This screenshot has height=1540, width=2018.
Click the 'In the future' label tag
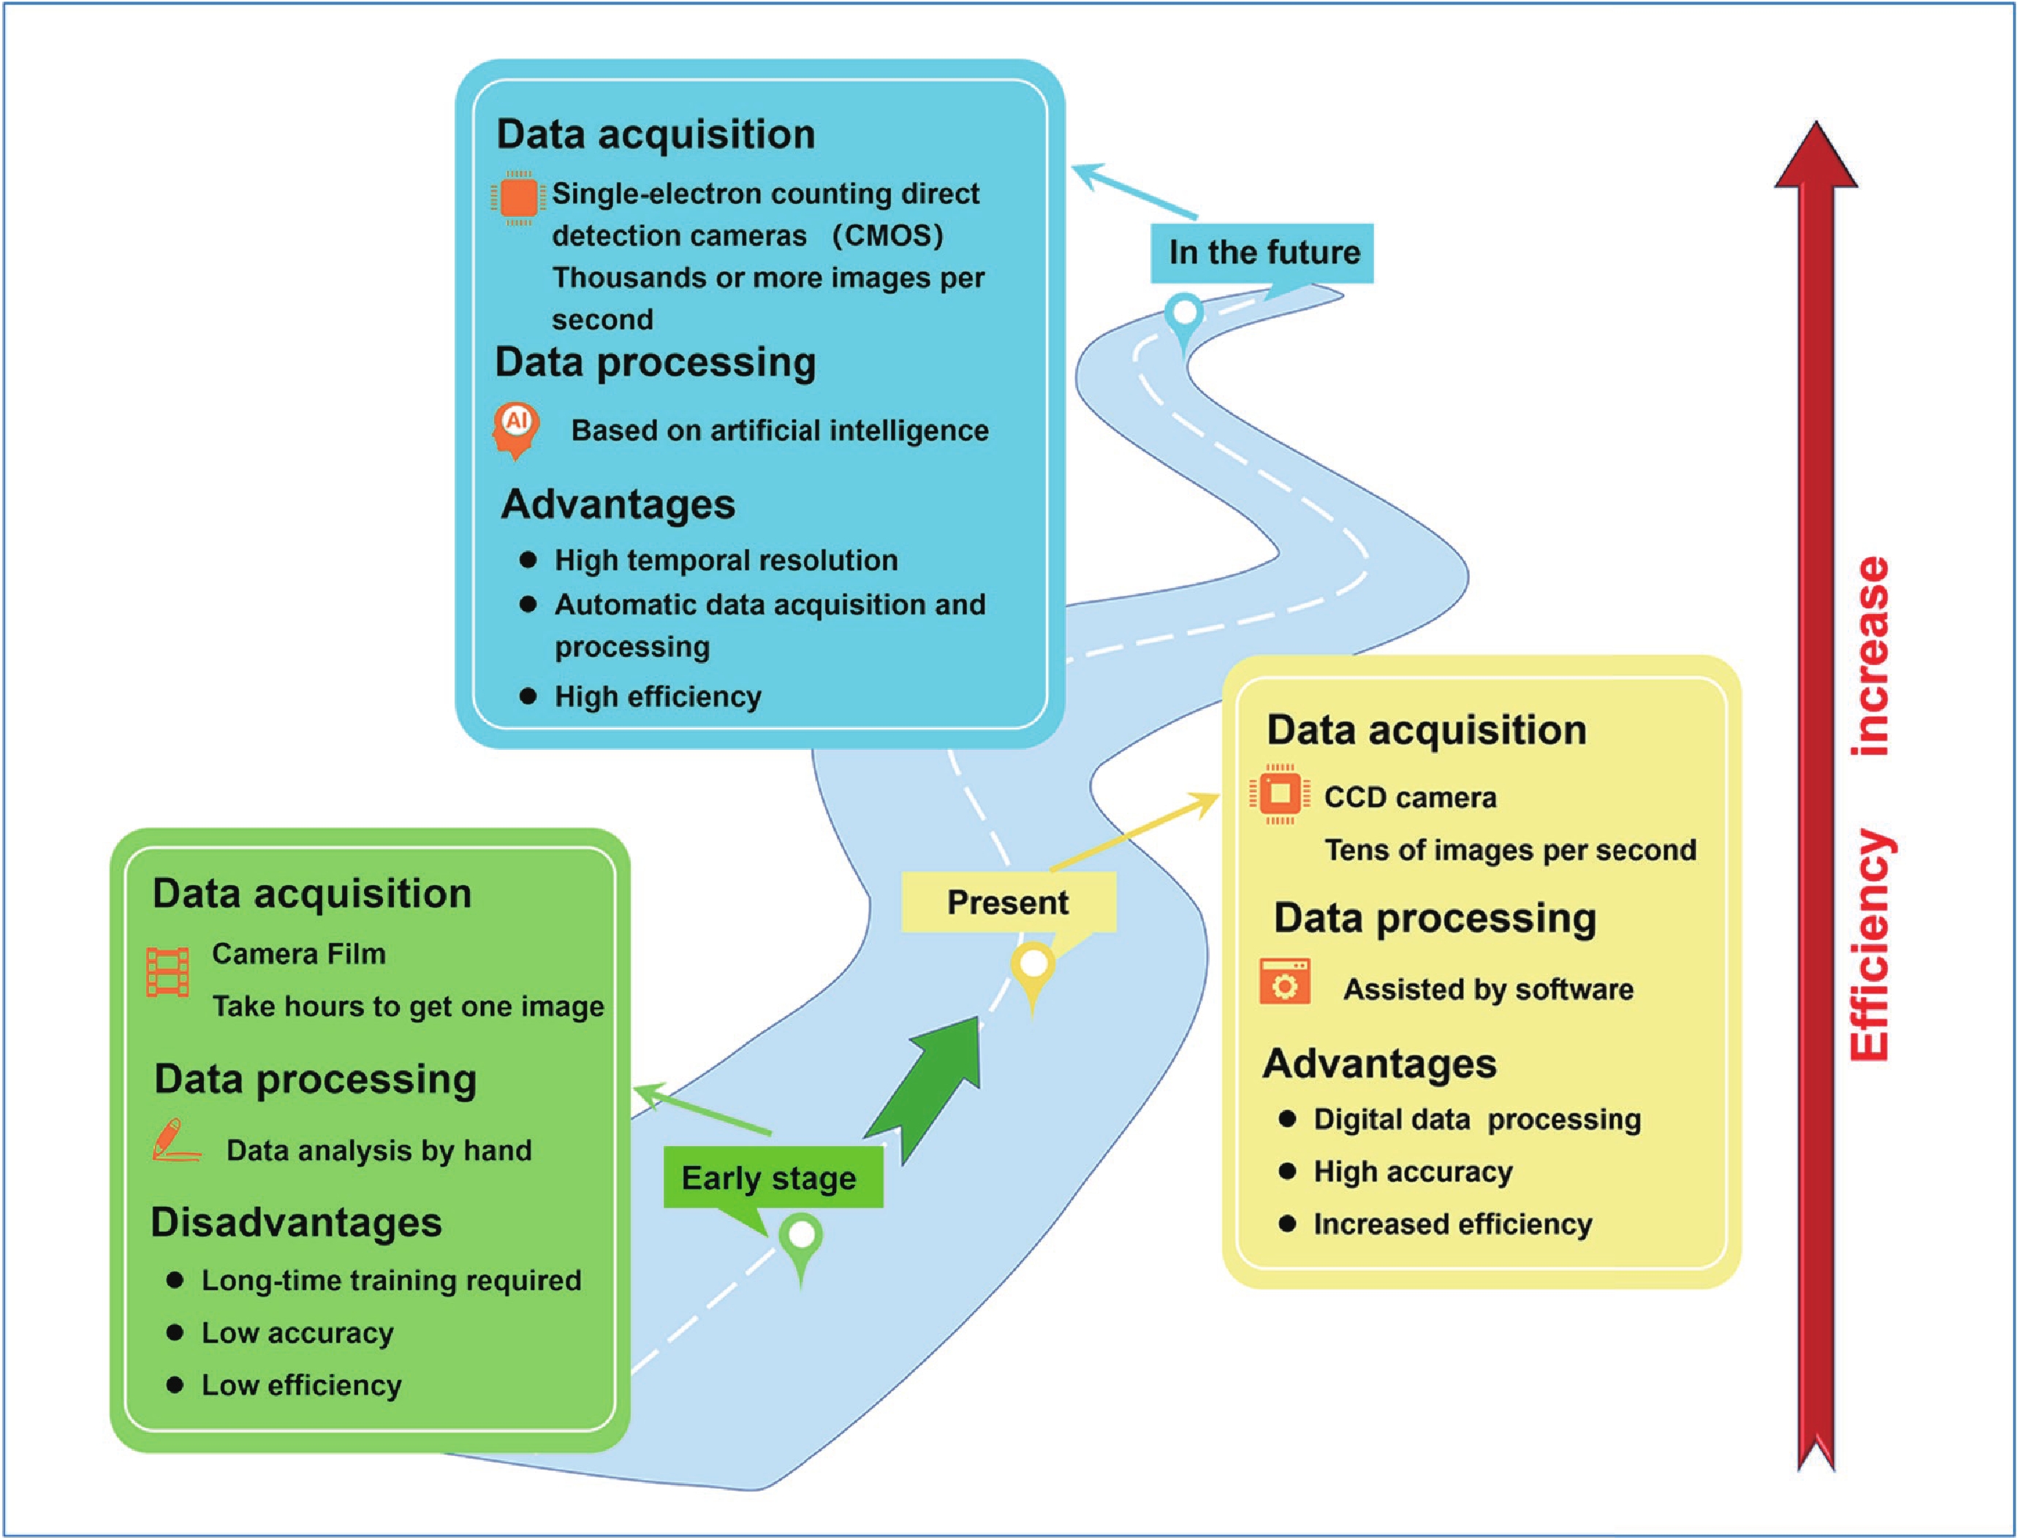[x=1262, y=252]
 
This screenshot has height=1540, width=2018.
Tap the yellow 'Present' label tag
[x=1008, y=902]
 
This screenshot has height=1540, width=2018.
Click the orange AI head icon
[x=516, y=428]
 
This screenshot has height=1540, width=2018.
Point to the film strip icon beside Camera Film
[x=167, y=971]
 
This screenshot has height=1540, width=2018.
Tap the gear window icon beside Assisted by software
[x=1285, y=982]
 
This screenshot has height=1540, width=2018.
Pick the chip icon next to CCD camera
[x=1279, y=793]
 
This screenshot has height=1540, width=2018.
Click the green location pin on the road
[x=802, y=1242]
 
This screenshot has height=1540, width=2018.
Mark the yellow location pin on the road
[x=1033, y=971]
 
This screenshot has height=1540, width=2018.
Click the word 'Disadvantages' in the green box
[x=296, y=1223]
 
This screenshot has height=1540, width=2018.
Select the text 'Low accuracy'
[x=298, y=1333]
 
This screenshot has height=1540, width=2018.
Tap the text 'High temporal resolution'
[x=726, y=560]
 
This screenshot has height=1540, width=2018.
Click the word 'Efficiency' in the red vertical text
[x=1871, y=944]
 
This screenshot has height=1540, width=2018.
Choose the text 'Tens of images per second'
[x=1510, y=851]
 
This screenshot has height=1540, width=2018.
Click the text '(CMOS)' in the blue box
[x=887, y=235]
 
